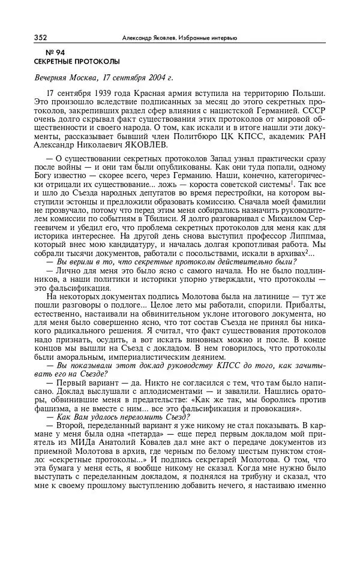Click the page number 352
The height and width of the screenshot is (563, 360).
click(x=40, y=38)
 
